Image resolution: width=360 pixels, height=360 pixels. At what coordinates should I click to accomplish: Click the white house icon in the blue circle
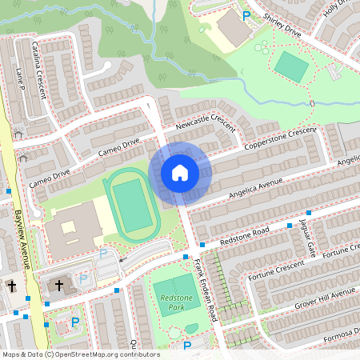click(179, 172)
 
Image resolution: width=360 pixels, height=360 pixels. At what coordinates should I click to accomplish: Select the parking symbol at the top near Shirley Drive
click(246, 15)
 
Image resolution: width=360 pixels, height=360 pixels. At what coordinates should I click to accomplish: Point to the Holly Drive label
click(336, 10)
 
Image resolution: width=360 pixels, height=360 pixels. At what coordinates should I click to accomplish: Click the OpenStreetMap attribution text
click(80, 354)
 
